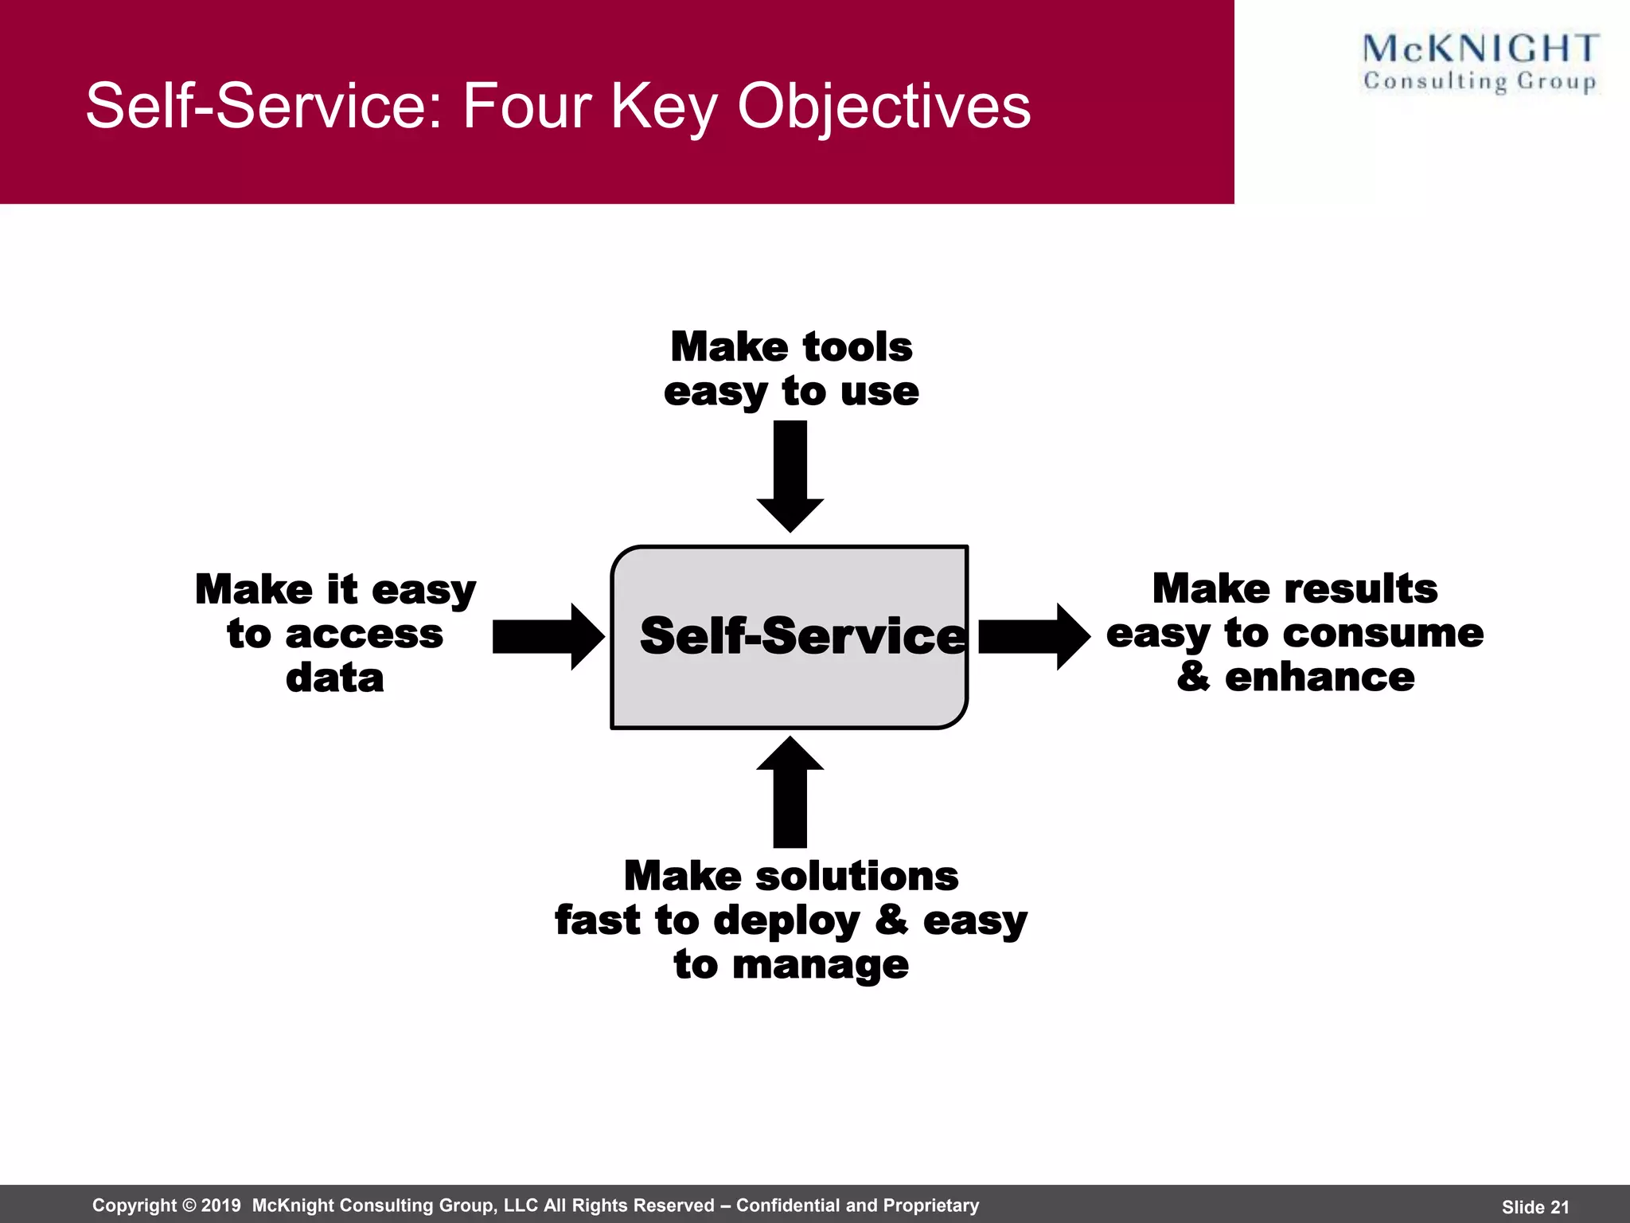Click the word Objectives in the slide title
point(883,107)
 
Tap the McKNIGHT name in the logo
point(1480,49)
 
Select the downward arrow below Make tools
point(790,476)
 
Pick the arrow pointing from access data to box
point(548,636)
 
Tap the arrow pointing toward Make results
point(1033,636)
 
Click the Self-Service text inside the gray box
point(802,636)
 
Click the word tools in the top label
point(858,347)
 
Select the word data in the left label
point(335,678)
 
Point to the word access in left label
point(364,635)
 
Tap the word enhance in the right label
point(1320,678)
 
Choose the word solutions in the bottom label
point(856,877)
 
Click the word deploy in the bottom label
point(786,922)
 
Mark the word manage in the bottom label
point(820,965)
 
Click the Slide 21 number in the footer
point(1535,1207)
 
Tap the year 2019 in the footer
point(220,1205)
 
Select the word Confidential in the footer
point(787,1205)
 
